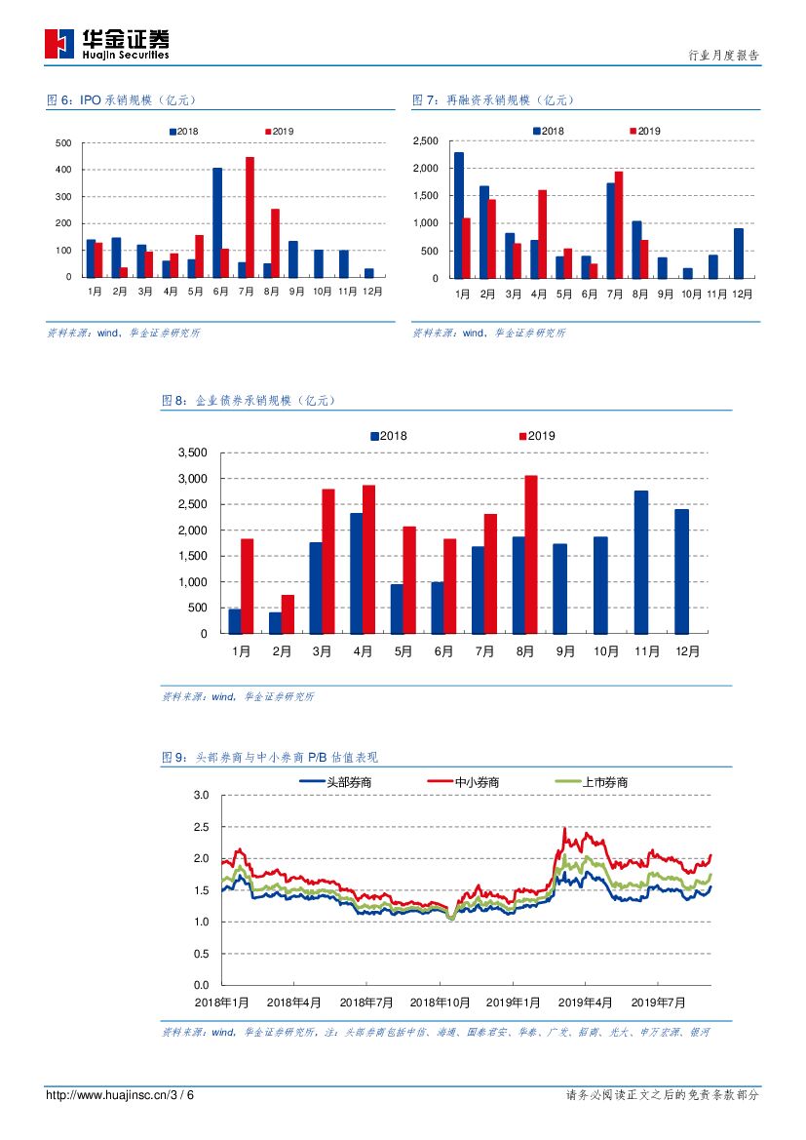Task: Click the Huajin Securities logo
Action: (107, 44)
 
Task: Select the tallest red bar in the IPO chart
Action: (249, 216)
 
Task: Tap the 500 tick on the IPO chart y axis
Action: (63, 143)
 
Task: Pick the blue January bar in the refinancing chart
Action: (459, 216)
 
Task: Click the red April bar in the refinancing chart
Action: (542, 234)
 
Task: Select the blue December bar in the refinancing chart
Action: (739, 253)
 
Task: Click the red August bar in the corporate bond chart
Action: (531, 554)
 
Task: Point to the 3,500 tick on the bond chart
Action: (192, 452)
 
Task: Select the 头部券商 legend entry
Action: (335, 782)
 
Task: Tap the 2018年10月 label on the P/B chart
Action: (440, 1002)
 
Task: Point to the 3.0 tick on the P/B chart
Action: (202, 796)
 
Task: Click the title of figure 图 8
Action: (248, 400)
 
